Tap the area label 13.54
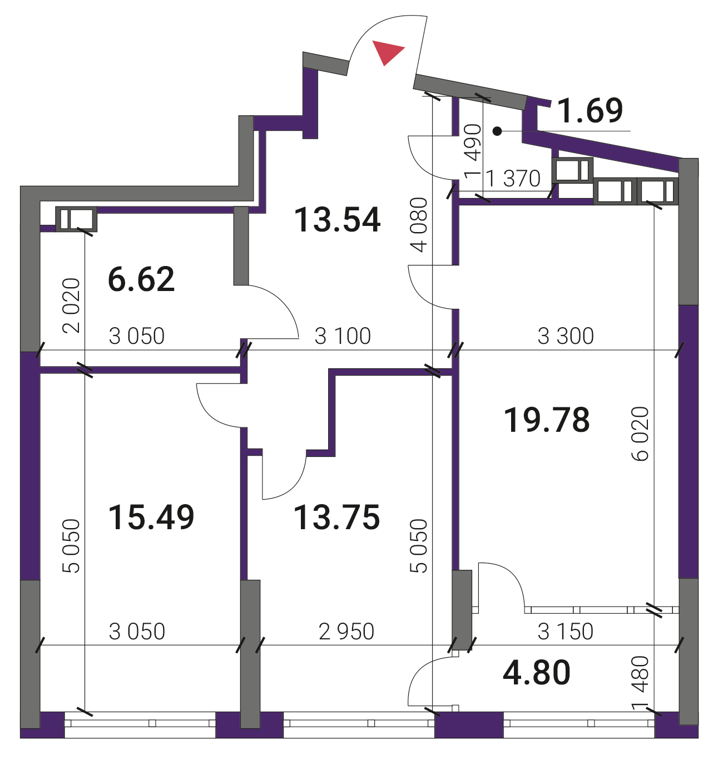(x=338, y=220)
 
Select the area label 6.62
(x=141, y=279)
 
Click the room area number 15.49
(x=151, y=517)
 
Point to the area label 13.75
(x=337, y=517)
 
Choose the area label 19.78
(x=547, y=420)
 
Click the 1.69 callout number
(x=590, y=110)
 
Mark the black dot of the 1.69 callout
(x=498, y=131)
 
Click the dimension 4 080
(x=419, y=225)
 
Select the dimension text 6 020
(x=640, y=433)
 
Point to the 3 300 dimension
(x=566, y=336)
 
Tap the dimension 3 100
(x=343, y=336)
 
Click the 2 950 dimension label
(x=346, y=632)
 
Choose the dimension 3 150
(x=566, y=632)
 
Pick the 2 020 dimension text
(x=71, y=305)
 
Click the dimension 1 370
(x=513, y=179)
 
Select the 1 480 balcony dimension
(x=640, y=683)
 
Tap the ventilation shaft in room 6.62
(x=76, y=219)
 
